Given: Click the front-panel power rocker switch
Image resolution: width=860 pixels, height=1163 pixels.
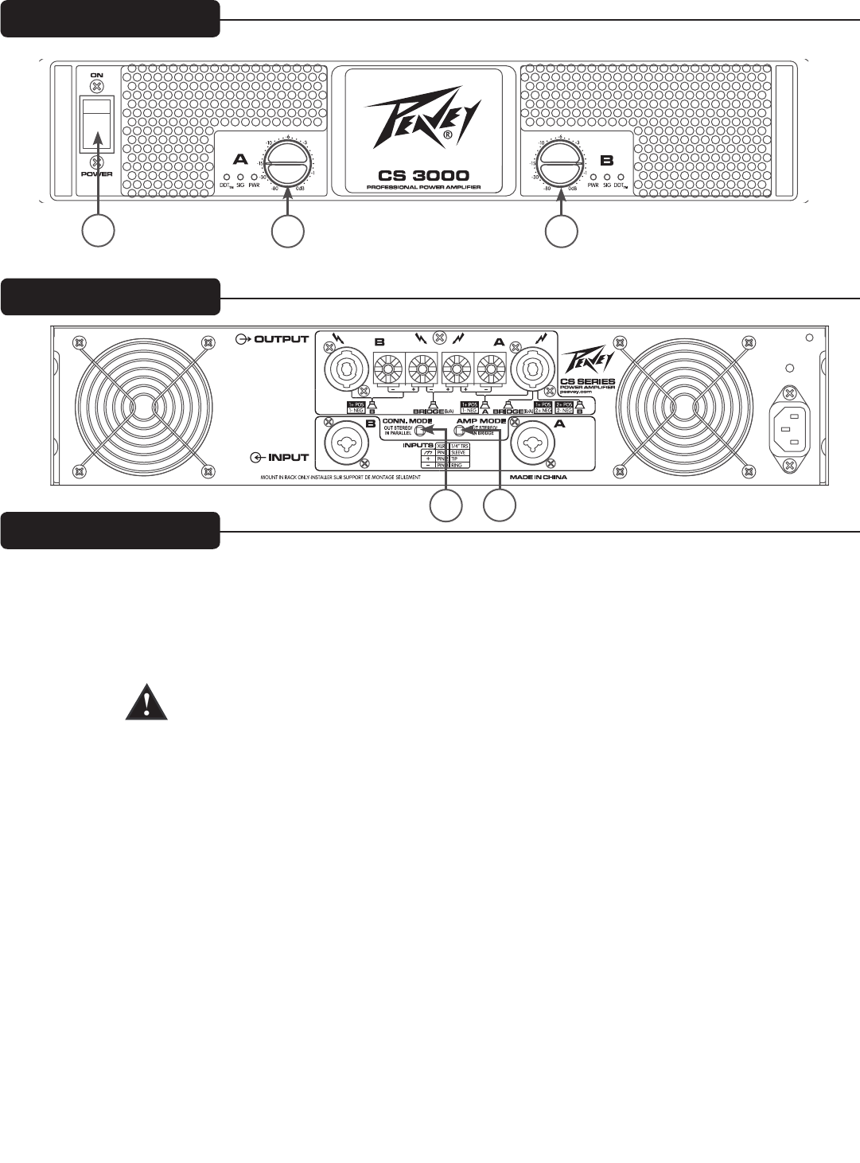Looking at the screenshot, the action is click(96, 123).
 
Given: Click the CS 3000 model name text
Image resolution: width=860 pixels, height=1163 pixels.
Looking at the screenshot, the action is click(423, 175).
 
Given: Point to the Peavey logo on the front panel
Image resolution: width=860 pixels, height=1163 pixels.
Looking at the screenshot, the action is click(422, 119).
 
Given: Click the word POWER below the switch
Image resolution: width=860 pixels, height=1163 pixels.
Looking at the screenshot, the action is click(96, 174).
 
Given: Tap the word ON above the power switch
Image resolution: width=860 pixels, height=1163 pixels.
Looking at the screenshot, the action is click(96, 74).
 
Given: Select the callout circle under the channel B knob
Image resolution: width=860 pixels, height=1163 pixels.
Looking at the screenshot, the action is click(561, 230).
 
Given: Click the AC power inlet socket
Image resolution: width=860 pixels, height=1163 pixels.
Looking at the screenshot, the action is click(788, 427).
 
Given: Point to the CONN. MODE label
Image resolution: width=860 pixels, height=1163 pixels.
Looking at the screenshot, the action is click(407, 420).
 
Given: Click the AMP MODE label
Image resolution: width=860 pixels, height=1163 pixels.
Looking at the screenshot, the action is click(481, 420).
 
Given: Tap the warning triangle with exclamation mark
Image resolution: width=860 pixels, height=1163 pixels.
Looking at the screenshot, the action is click(146, 703).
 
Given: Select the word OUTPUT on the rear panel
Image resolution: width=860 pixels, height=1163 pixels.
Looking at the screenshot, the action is click(281, 339).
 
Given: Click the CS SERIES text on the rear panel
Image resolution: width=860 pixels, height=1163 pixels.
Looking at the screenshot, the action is click(588, 381).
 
